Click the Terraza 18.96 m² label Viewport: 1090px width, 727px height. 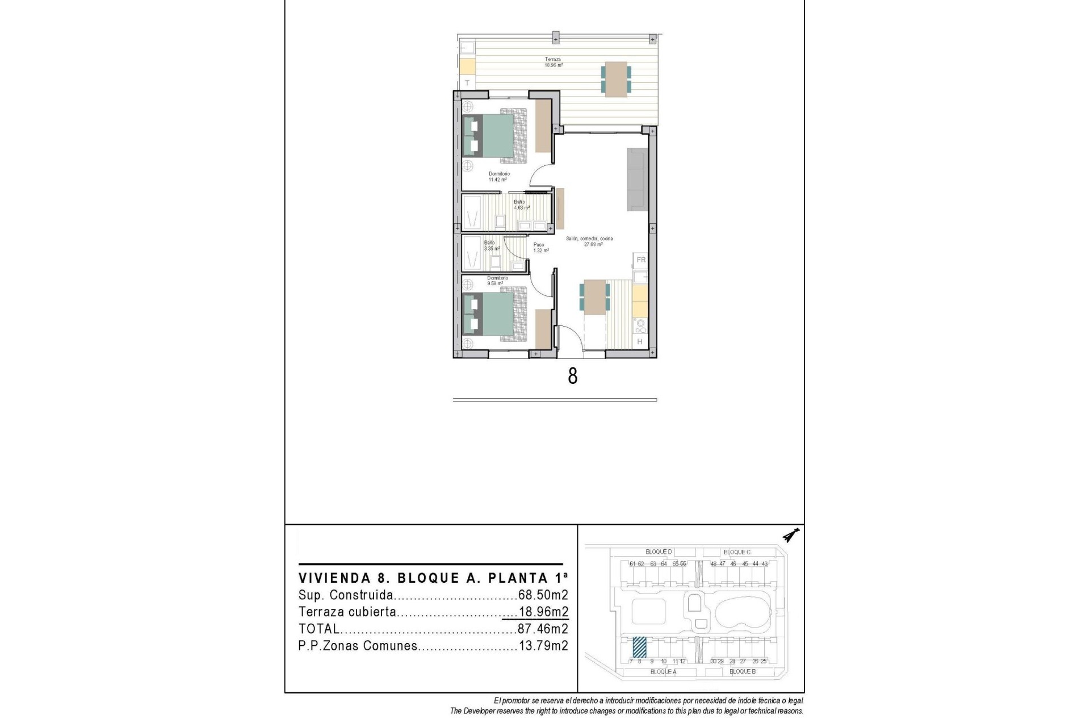click(x=554, y=62)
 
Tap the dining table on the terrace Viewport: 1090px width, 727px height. click(x=616, y=80)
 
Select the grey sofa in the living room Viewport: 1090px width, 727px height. click(x=637, y=179)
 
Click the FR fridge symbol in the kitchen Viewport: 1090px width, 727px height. click(x=641, y=260)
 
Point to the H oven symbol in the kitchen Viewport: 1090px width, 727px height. click(x=640, y=341)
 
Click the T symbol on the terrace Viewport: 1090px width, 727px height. click(x=467, y=83)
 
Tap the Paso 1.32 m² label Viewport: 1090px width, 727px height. click(x=540, y=248)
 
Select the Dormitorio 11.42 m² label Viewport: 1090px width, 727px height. click(x=499, y=177)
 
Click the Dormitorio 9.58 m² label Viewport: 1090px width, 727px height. click(x=497, y=281)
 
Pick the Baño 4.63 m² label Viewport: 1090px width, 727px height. click(x=521, y=204)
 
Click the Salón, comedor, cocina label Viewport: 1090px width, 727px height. click(x=590, y=241)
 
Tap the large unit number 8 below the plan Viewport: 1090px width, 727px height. click(x=572, y=376)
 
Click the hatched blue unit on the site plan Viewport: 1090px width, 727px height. click(x=639, y=646)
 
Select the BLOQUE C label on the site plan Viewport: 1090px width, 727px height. click(x=737, y=552)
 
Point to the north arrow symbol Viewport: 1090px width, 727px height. click(x=790, y=535)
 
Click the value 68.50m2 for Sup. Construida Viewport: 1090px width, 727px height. click(x=543, y=595)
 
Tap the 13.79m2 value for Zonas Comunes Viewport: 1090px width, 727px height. click(x=543, y=646)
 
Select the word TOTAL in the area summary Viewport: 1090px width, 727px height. click(x=319, y=629)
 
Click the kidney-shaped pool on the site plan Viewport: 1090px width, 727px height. click(x=742, y=615)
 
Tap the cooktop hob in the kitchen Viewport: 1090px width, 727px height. click(x=640, y=326)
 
